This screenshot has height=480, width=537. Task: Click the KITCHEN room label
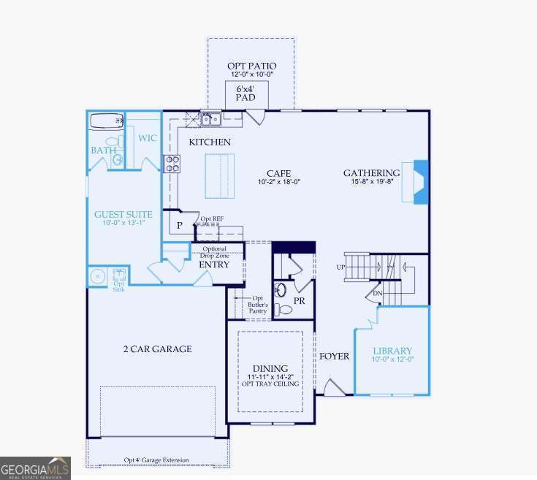pyautogui.click(x=210, y=142)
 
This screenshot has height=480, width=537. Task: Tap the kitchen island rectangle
pyautogui.click(x=217, y=175)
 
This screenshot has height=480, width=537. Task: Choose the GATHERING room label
pyautogui.click(x=372, y=173)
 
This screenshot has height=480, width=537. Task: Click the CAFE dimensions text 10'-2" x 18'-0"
pyautogui.click(x=279, y=182)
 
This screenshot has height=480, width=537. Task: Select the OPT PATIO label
pyautogui.click(x=251, y=66)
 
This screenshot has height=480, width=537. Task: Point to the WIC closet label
pyautogui.click(x=148, y=138)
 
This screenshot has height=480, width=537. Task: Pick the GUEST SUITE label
pyautogui.click(x=123, y=215)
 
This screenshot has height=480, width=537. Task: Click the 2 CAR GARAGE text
pyautogui.click(x=157, y=349)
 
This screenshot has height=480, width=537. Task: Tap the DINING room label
pyautogui.click(x=270, y=368)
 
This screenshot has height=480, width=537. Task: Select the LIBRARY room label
pyautogui.click(x=392, y=351)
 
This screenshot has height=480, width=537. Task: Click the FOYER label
pyautogui.click(x=334, y=357)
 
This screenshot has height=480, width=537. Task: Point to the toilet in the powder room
pyautogui.click(x=284, y=309)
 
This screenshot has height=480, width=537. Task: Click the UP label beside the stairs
pyautogui.click(x=340, y=267)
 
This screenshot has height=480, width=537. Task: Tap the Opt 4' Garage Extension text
pyautogui.click(x=156, y=460)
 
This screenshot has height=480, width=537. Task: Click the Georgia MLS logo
pyautogui.click(x=35, y=467)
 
